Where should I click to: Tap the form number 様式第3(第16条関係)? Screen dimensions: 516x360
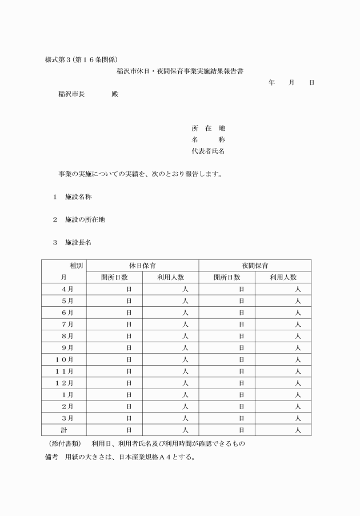81,60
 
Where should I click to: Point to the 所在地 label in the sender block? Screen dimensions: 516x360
208,129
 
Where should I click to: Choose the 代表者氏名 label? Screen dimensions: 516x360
208,151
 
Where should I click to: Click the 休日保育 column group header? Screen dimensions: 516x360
142,266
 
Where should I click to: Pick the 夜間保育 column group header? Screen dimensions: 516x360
255,266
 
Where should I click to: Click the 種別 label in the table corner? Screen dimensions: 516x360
76,266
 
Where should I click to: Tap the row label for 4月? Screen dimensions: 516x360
67,289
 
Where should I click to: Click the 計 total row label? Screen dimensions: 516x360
65,429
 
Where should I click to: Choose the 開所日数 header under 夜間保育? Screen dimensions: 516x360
227,277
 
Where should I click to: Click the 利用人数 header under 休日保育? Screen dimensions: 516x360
170,277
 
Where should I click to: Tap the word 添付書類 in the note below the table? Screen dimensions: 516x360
64,444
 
